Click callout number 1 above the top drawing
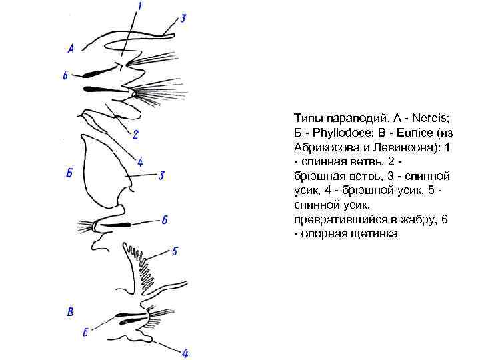(x=139, y=7)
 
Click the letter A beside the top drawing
(x=71, y=47)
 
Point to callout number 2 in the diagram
(x=135, y=135)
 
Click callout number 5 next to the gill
(x=175, y=251)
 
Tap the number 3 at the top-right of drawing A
(x=183, y=18)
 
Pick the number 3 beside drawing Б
(x=161, y=175)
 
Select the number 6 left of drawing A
(x=65, y=75)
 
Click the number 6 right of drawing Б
(x=164, y=220)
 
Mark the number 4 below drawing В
(x=185, y=353)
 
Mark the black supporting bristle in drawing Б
(x=115, y=225)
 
